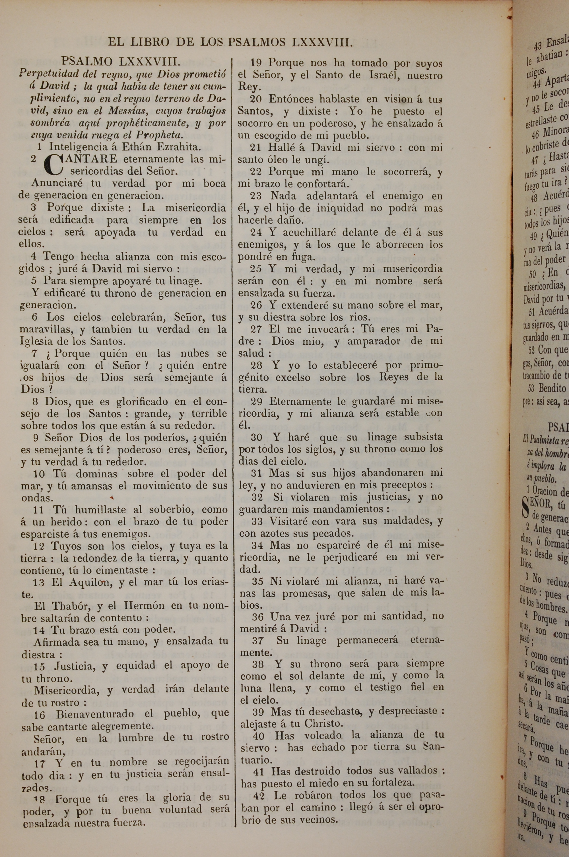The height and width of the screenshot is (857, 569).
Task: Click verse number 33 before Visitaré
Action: click(x=257, y=521)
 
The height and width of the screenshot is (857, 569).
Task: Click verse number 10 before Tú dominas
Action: click(x=39, y=474)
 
